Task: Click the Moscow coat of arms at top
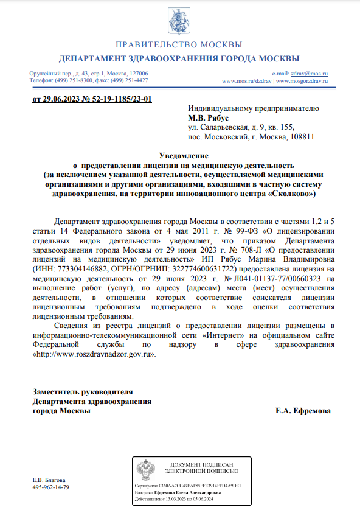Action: [179, 20]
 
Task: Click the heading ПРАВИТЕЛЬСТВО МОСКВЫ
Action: [179, 45]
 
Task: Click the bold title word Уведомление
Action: [179, 156]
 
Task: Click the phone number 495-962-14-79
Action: [50, 487]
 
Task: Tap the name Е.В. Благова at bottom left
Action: [49, 480]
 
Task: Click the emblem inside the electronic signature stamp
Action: [146, 472]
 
